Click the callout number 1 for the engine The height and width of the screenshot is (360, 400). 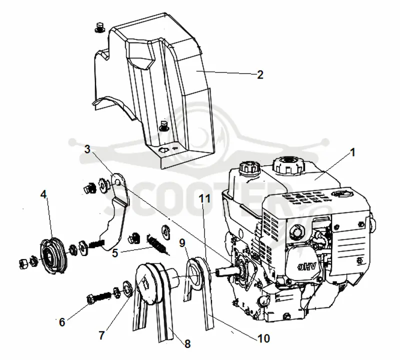[x=353, y=152]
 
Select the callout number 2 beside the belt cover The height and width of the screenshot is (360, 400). [x=260, y=74]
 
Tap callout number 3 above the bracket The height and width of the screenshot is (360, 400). [x=87, y=149]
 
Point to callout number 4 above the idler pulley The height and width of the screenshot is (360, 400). [x=43, y=194]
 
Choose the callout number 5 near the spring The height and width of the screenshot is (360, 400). [x=115, y=253]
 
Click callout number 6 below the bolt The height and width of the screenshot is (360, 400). [x=62, y=322]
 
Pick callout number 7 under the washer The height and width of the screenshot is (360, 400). [x=101, y=335]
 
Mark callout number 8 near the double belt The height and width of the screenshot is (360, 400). [x=187, y=344]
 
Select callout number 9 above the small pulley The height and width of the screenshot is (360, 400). [x=182, y=243]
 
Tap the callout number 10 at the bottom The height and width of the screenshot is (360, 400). [x=264, y=338]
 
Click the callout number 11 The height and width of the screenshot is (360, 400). [x=205, y=198]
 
